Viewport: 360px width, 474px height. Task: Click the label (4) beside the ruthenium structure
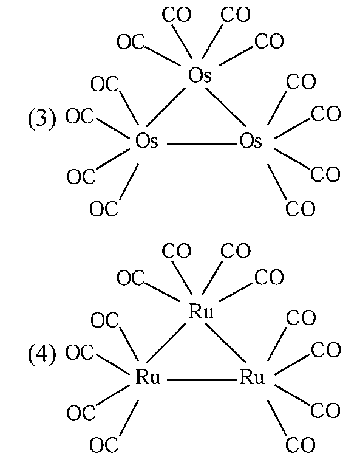tap(42, 354)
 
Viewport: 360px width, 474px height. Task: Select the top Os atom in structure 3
tap(200, 75)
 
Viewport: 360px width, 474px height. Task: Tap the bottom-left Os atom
tap(146, 140)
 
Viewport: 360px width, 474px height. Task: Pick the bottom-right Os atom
tap(251, 140)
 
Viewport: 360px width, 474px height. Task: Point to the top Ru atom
tap(201, 311)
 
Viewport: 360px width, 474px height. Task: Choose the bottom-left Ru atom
tap(148, 377)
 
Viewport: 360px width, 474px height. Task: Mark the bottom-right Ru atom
tap(252, 377)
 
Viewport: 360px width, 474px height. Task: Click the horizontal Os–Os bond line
tap(202, 143)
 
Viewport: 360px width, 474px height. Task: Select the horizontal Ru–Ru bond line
tap(202, 380)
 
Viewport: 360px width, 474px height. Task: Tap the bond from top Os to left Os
tap(166, 107)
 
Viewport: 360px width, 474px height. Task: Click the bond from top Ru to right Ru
tap(226, 343)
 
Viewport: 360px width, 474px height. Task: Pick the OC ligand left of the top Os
tap(131, 42)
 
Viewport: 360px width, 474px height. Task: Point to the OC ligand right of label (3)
tap(80, 116)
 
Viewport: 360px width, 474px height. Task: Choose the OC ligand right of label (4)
tap(80, 352)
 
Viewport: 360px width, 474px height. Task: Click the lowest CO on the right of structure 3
tap(300, 209)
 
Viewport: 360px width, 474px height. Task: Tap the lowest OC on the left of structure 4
tap(104, 445)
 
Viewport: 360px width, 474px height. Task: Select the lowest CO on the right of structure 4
tap(300, 445)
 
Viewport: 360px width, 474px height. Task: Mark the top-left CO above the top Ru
tap(177, 251)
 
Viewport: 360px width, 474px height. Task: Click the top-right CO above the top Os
tap(236, 15)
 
